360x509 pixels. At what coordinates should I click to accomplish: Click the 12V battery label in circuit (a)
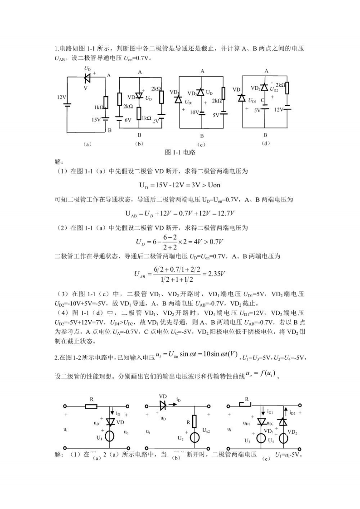tap(61, 98)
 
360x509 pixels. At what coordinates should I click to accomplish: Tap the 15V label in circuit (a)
tap(96, 120)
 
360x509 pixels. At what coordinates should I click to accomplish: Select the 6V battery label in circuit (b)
tap(128, 120)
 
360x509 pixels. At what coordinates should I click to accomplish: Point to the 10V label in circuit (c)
tap(195, 112)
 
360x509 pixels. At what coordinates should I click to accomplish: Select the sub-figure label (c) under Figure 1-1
tap(202, 145)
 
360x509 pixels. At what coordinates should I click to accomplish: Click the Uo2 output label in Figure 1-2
tap(207, 429)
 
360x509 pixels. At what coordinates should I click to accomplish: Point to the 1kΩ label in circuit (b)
tap(146, 118)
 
